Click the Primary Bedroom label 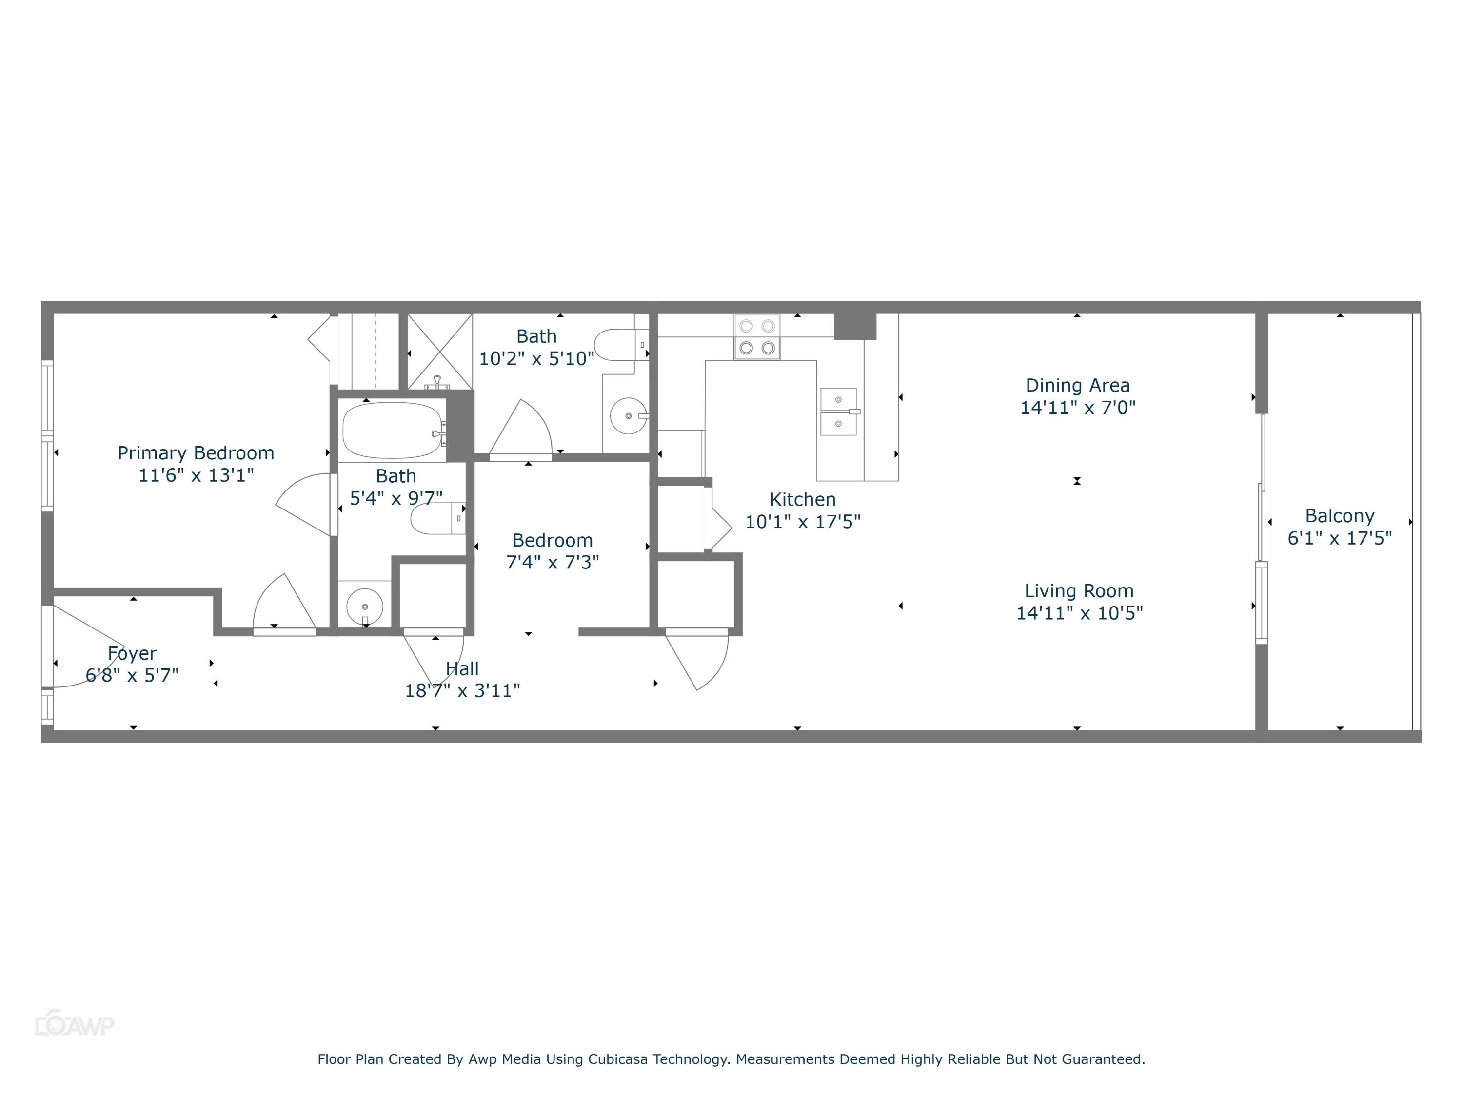click(x=196, y=453)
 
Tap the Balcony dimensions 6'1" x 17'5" click(x=1339, y=538)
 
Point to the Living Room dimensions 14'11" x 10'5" click(x=1079, y=613)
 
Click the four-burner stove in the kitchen click(x=757, y=337)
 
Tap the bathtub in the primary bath click(x=392, y=431)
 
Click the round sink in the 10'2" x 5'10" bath click(x=627, y=416)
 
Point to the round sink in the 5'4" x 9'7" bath click(x=364, y=606)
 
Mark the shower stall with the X click(x=439, y=351)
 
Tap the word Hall click(x=462, y=668)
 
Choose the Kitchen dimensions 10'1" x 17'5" click(x=802, y=522)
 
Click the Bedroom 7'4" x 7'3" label click(x=552, y=540)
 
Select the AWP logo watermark click(x=75, y=1025)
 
